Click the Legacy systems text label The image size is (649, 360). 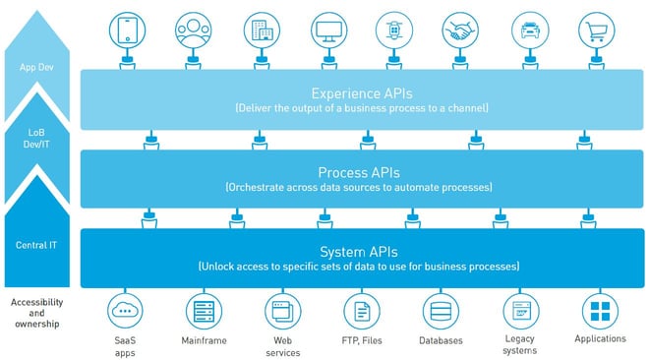coord(520,345)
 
